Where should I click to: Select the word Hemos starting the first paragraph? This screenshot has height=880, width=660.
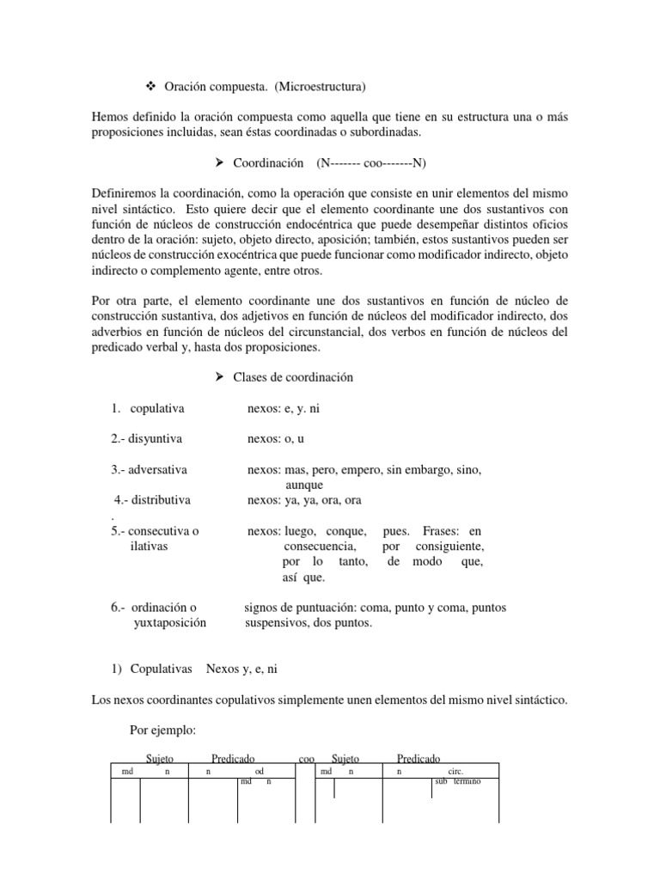tap(110, 116)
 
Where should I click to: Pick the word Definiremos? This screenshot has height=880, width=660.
tap(124, 192)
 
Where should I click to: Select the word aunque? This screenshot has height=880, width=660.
tap(303, 485)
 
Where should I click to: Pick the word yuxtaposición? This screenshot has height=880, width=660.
tap(170, 622)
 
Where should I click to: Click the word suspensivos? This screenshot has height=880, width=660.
tap(278, 622)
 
